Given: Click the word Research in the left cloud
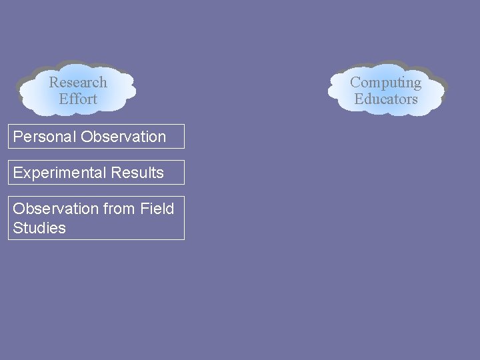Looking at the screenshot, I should [78, 83].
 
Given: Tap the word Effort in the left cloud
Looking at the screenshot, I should [78, 99].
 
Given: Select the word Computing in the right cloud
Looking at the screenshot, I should [385, 83].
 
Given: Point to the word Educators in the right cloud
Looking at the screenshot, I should [385, 99].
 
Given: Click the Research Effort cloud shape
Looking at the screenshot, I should [113, 90].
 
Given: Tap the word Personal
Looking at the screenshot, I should [45, 137].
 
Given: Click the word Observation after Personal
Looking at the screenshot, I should [123, 137].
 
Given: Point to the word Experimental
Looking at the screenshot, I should [59, 173].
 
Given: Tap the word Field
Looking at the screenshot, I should [157, 209].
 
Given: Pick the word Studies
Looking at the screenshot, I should [39, 228].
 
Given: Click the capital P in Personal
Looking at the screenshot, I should [17, 137].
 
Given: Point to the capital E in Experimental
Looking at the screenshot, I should [17, 173].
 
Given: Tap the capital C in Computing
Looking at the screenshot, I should [355, 83].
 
